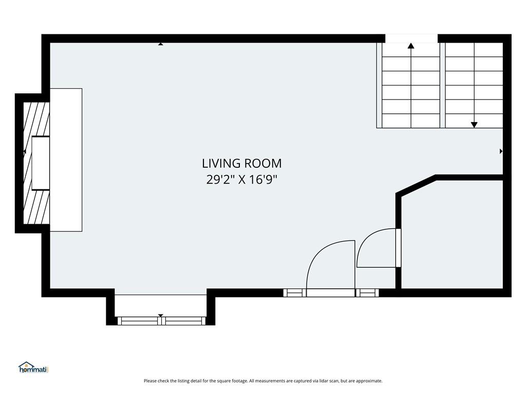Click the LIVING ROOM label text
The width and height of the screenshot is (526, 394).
point(241,164)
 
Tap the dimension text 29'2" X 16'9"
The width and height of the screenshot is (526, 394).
point(241,180)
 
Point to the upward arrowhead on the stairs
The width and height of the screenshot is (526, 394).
point(411,46)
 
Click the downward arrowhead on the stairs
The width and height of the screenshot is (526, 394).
point(474,125)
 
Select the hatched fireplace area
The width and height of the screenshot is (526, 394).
point(36,163)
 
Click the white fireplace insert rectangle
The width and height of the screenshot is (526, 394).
point(41,163)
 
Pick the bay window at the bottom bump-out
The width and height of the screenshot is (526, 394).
point(161,321)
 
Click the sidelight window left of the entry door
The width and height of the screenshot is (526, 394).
point(294,293)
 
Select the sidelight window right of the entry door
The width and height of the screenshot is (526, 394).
point(367,293)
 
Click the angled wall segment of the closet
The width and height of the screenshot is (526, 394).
point(416,185)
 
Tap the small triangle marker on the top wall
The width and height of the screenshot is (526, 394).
point(161,44)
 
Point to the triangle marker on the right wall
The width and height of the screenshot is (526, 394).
point(501,151)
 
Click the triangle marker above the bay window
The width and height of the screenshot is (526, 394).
point(160,316)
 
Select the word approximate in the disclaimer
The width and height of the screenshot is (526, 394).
point(369,381)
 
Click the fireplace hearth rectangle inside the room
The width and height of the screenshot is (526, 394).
point(66,160)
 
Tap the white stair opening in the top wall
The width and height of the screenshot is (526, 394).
point(411,38)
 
